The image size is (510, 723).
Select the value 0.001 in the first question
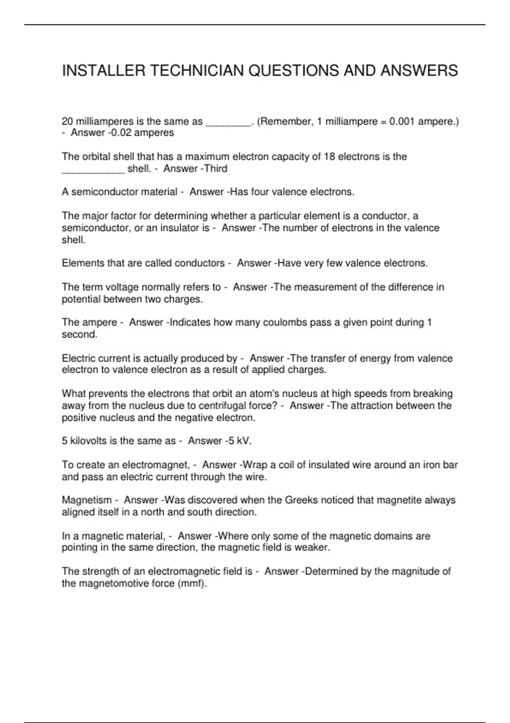[x=402, y=122]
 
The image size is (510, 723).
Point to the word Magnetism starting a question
[x=87, y=500]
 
